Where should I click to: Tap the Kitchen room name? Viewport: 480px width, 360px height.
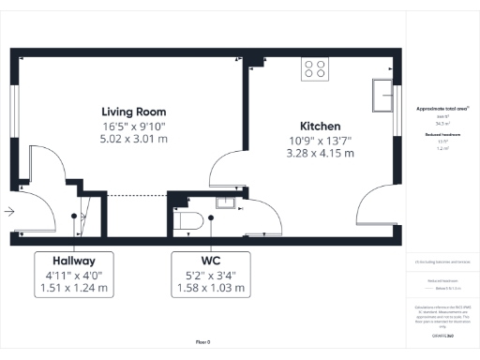coord(320,126)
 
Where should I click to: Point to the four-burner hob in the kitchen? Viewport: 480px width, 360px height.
coord(315,69)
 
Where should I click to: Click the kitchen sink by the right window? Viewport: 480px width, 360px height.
coord(382,95)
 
